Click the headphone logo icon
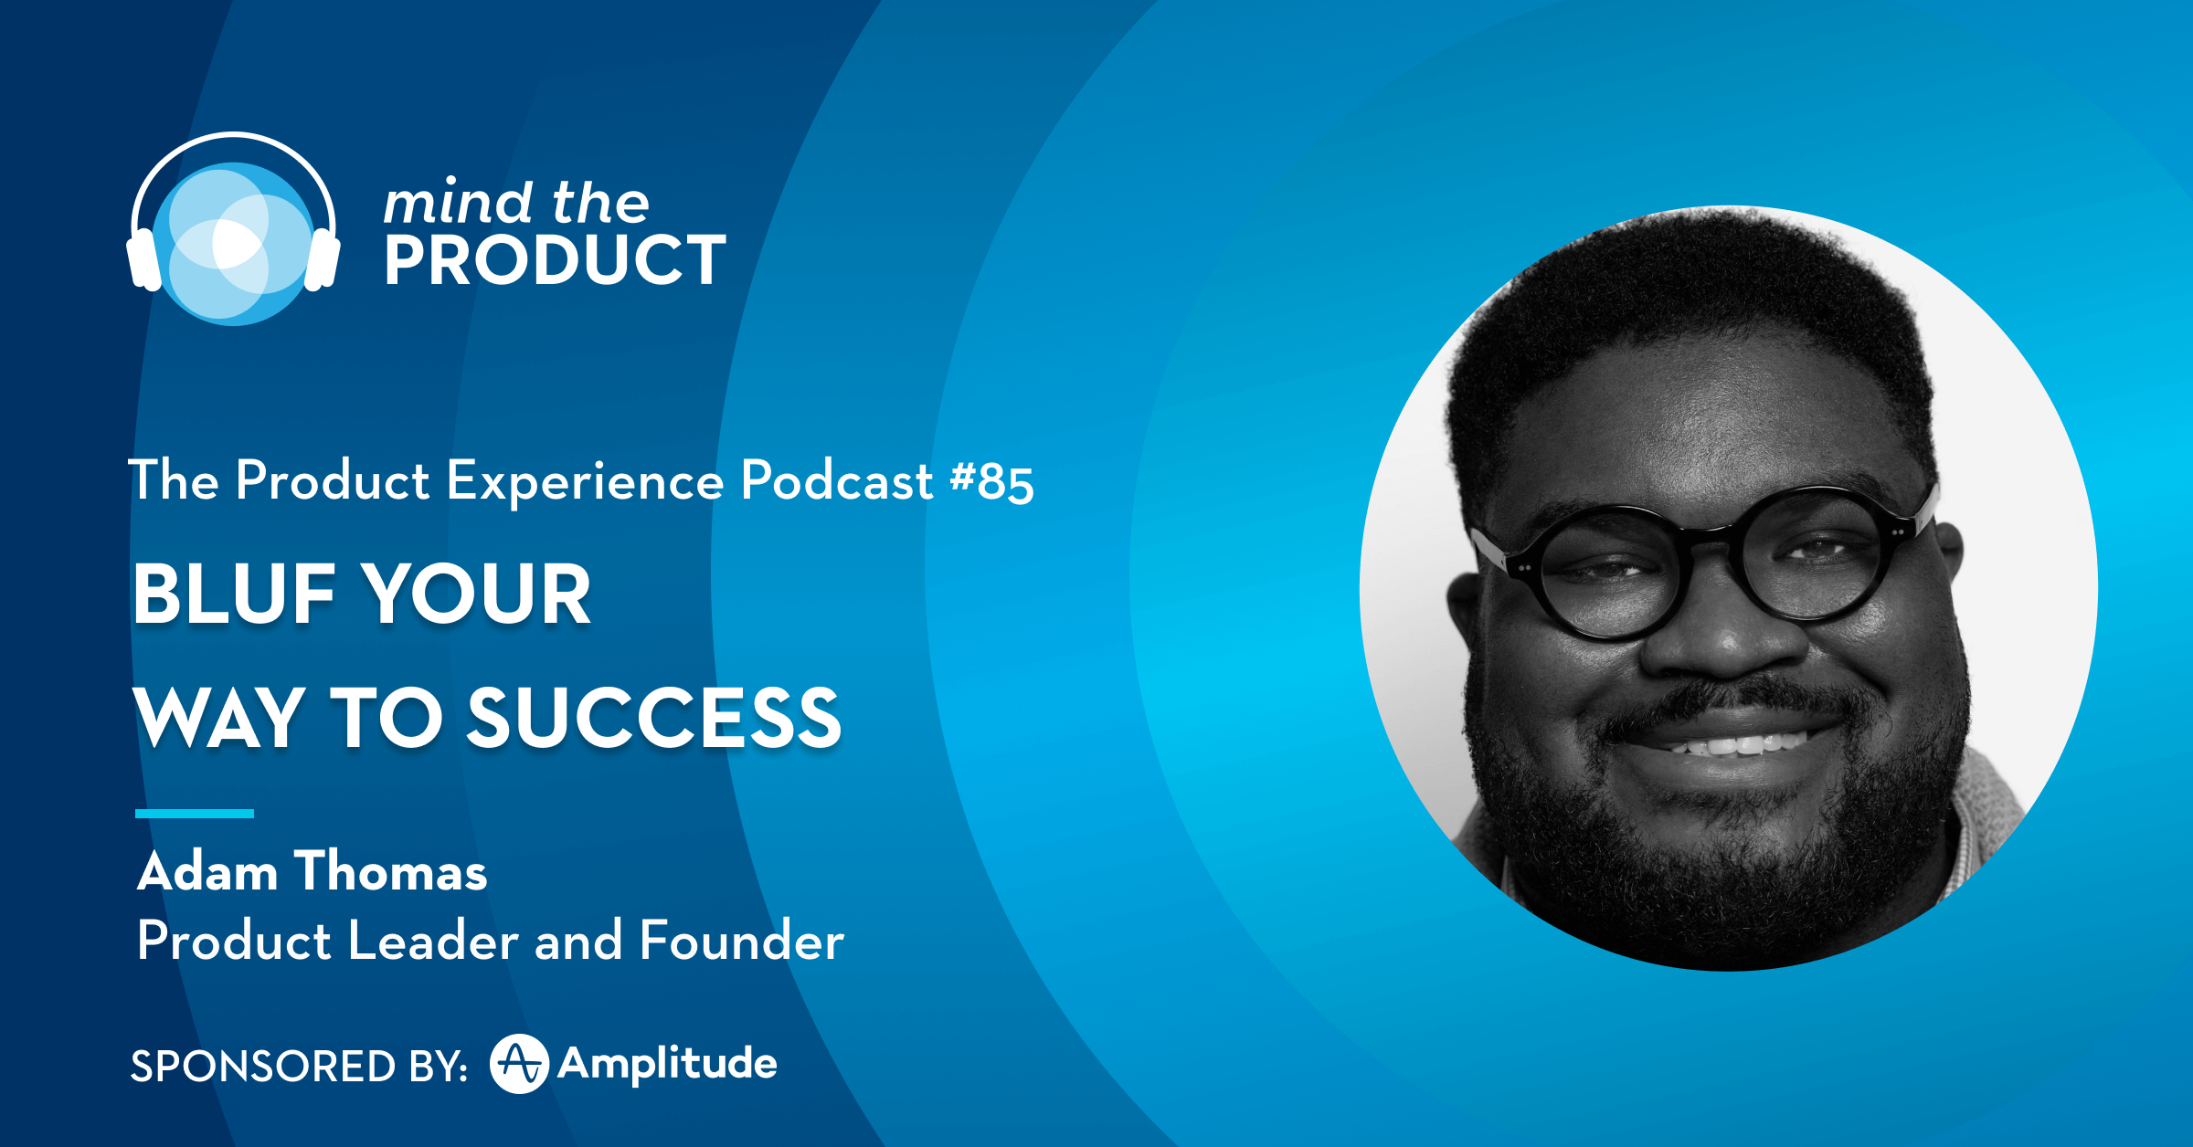pyautogui.click(x=234, y=228)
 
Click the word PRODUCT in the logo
pyautogui.click(x=555, y=260)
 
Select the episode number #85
pyautogui.click(x=992, y=481)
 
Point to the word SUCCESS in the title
pyautogui.click(x=654, y=718)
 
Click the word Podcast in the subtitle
pyautogui.click(x=837, y=480)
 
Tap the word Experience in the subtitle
pyautogui.click(x=585, y=484)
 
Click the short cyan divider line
pyautogui.click(x=195, y=813)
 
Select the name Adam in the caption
pyautogui.click(x=207, y=871)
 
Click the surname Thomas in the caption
pyautogui.click(x=391, y=871)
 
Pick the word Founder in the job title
pyautogui.click(x=742, y=941)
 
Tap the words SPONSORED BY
pyautogui.click(x=300, y=1067)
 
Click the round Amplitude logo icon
pyautogui.click(x=519, y=1064)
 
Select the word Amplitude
pyautogui.click(x=668, y=1065)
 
